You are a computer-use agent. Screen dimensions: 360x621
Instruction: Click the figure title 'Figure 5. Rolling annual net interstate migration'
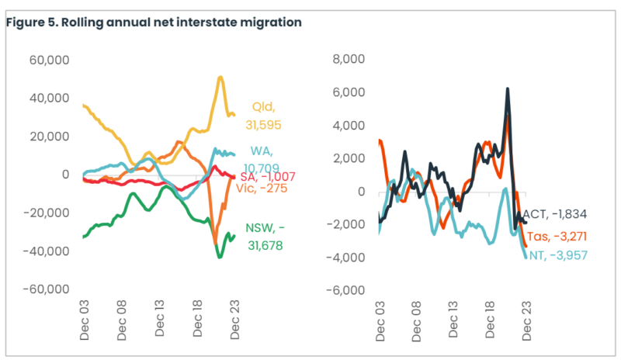click(154, 22)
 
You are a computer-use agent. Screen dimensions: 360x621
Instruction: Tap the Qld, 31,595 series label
click(265, 116)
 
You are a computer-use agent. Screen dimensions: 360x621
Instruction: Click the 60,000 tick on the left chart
click(49, 60)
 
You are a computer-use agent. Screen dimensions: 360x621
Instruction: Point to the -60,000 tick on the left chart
click(47, 290)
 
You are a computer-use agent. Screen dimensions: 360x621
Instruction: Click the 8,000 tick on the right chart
click(348, 60)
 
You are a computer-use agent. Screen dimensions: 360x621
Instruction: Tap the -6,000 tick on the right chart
click(345, 290)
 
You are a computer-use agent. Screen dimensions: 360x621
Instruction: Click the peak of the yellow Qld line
click(220, 78)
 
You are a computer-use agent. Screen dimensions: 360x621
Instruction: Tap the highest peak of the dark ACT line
click(508, 89)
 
